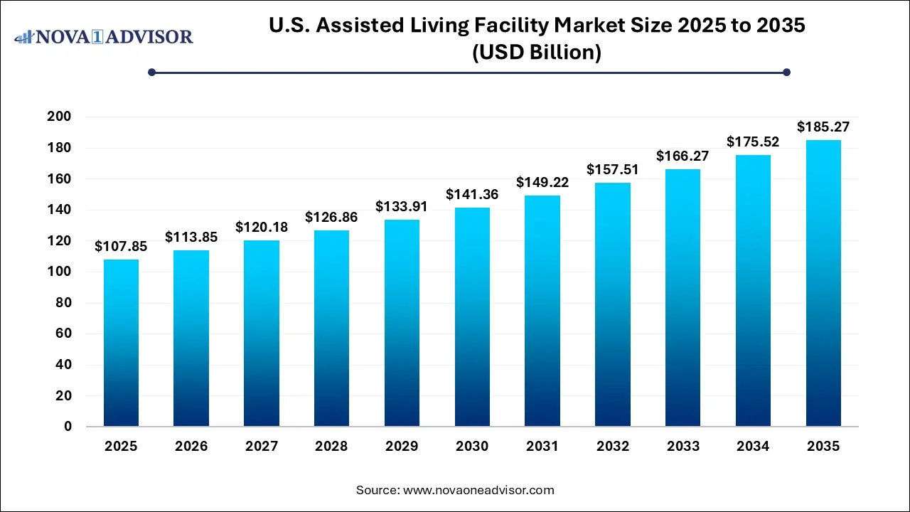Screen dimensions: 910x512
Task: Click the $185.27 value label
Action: coord(823,127)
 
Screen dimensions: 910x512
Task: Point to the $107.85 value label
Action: coord(121,247)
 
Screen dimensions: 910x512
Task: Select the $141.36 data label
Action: coord(472,194)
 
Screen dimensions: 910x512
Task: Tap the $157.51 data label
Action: coord(613,170)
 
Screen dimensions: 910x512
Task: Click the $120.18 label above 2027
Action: coord(262,228)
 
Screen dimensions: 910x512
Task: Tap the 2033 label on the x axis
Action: coord(682,447)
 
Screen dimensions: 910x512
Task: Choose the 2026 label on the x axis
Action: coord(191,447)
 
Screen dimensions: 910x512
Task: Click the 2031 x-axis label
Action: coord(542,447)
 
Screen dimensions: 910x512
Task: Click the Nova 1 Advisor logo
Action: coord(104,36)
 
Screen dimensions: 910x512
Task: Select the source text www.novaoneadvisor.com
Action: coord(478,490)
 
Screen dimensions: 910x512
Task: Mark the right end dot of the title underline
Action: coord(786,72)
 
